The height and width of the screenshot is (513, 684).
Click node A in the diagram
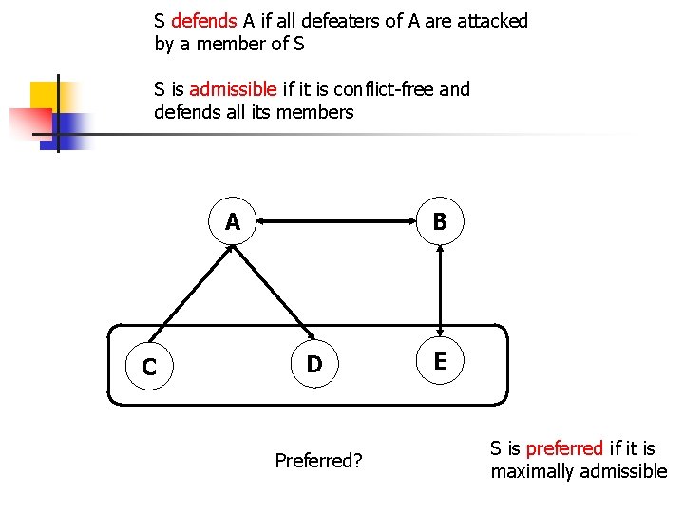click(233, 222)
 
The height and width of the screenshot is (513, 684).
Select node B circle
click(439, 222)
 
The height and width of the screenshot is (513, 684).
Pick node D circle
click(315, 364)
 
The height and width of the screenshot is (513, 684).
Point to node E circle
click(440, 360)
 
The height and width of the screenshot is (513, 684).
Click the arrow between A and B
click(336, 222)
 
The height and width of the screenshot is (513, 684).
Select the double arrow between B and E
click(439, 291)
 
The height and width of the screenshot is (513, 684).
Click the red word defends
click(203, 21)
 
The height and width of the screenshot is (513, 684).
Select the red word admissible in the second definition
click(233, 89)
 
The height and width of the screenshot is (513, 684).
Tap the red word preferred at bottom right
click(564, 447)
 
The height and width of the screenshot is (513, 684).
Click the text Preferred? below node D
click(318, 461)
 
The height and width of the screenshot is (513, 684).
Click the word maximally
click(533, 471)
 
